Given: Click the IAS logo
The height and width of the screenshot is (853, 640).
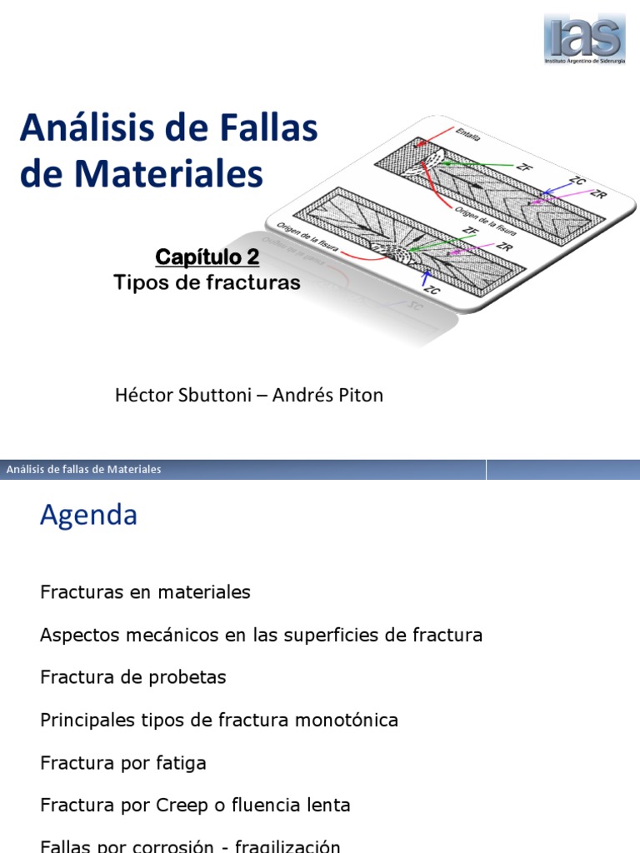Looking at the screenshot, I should point(584,38).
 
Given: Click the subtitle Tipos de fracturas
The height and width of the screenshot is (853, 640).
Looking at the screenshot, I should point(207,283).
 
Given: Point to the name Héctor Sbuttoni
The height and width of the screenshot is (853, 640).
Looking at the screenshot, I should point(178,395).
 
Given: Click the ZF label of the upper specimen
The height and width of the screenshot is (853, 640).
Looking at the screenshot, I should point(524,166).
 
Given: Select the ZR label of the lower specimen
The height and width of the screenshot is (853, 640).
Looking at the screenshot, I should point(503,247).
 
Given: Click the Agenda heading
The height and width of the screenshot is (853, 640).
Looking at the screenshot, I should point(88,516).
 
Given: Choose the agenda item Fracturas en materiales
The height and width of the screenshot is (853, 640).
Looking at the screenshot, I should point(145,592).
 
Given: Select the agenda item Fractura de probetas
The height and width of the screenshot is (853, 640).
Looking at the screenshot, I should point(133,677).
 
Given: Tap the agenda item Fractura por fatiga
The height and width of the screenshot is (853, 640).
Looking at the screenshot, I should point(123,762).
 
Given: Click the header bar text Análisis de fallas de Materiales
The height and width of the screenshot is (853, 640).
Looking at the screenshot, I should point(83,470).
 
